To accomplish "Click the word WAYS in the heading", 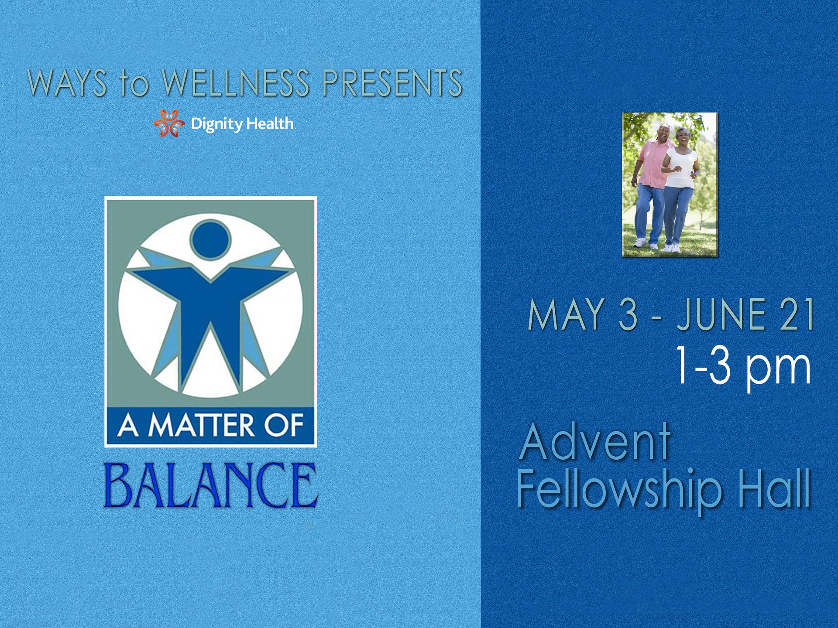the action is click(67, 82).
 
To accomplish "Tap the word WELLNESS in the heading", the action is click(235, 82).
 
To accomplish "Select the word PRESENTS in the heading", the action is click(392, 82).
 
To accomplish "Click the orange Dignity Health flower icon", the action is click(169, 123).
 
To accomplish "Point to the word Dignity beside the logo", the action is click(217, 124).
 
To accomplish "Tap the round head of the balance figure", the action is click(210, 239).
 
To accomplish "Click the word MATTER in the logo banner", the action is click(201, 425).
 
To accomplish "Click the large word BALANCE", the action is click(210, 485).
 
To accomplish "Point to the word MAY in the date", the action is click(566, 314).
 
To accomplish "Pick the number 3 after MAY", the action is click(628, 314).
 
